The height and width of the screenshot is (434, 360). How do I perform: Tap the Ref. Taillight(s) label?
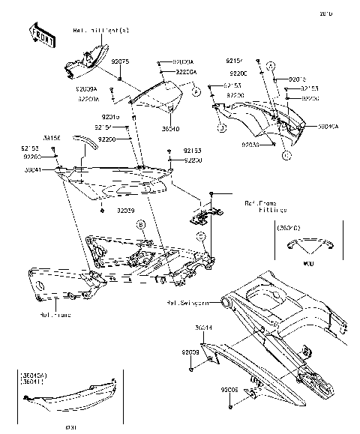[100, 31]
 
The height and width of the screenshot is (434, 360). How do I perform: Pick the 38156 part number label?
[52, 138]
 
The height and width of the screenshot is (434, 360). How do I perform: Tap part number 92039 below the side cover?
[125, 211]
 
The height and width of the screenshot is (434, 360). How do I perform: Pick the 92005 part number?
[229, 391]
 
